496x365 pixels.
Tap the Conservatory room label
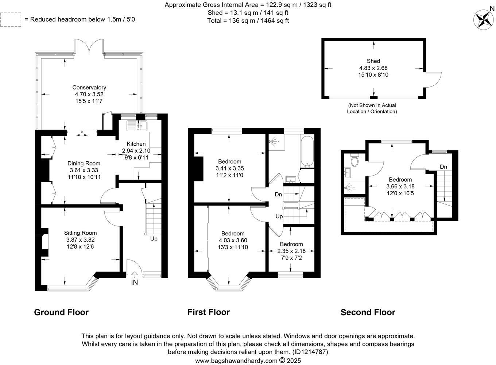(x=89, y=88)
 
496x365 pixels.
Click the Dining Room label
(x=84, y=164)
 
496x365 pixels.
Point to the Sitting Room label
(x=80, y=233)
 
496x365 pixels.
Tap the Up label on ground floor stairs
(x=154, y=239)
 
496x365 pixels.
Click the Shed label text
(x=373, y=61)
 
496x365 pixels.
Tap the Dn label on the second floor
(x=443, y=167)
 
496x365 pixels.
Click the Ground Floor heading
(x=61, y=312)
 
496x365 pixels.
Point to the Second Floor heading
(x=368, y=312)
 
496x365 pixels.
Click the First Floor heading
(x=208, y=312)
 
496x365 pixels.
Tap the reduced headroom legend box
(x=11, y=19)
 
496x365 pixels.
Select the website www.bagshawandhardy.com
(x=236, y=361)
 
